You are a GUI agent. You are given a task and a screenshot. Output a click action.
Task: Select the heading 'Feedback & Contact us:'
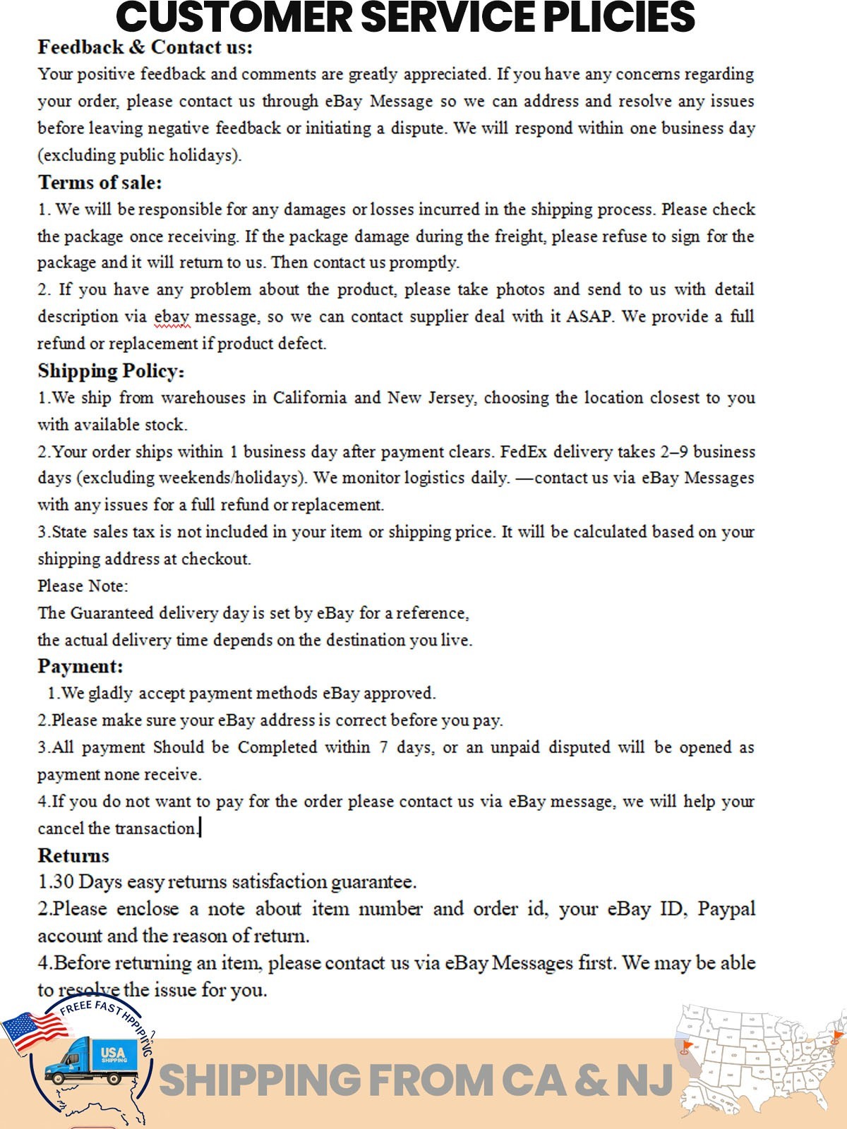tap(145, 47)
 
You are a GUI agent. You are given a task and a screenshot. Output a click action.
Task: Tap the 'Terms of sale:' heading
tap(100, 183)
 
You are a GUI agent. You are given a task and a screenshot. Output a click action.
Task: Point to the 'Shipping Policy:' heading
tap(111, 371)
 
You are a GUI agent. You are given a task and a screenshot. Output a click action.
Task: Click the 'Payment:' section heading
tap(80, 666)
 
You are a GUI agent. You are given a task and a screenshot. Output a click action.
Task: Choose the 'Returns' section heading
tap(73, 856)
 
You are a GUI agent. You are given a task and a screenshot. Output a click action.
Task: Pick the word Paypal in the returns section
tap(726, 909)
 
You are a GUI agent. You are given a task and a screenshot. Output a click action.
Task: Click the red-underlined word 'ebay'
tap(172, 317)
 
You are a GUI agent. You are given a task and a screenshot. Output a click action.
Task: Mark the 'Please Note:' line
tap(83, 586)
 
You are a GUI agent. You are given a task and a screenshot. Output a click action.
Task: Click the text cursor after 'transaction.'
tap(200, 828)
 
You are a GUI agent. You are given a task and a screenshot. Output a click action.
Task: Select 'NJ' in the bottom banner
tap(644, 1080)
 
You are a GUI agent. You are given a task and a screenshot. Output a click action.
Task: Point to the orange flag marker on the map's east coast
tap(836, 1037)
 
